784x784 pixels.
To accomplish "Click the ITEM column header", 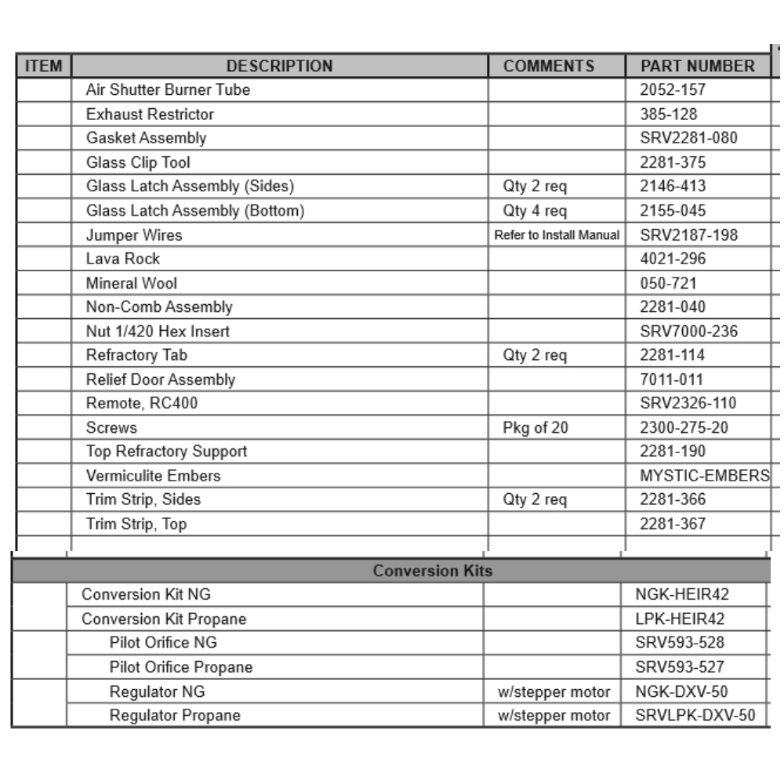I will pyautogui.click(x=44, y=66).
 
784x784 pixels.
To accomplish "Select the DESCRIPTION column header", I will pyautogui.click(x=280, y=66).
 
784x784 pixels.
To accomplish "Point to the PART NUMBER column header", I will pyautogui.click(x=698, y=66).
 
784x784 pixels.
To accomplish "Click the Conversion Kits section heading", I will pyautogui.click(x=433, y=571).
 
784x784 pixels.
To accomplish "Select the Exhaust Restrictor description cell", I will pyautogui.click(x=150, y=114).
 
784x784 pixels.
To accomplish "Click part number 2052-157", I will pyautogui.click(x=673, y=90).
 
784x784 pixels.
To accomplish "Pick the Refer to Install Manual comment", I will pyautogui.click(x=557, y=235).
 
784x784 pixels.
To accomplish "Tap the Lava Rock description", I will pyautogui.click(x=123, y=259).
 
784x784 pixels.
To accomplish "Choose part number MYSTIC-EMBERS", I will pyautogui.click(x=704, y=476).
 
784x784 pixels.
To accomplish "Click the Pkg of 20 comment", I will pyautogui.click(x=535, y=428).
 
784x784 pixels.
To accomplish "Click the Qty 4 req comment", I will pyautogui.click(x=535, y=211).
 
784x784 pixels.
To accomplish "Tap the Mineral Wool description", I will pyautogui.click(x=132, y=283).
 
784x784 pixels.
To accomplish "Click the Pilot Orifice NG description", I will pyautogui.click(x=163, y=644).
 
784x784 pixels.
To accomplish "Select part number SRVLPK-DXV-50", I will pyautogui.click(x=691, y=716).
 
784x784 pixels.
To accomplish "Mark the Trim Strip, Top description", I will pyautogui.click(x=136, y=524).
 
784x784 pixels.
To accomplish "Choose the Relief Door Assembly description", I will pyautogui.click(x=161, y=379).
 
